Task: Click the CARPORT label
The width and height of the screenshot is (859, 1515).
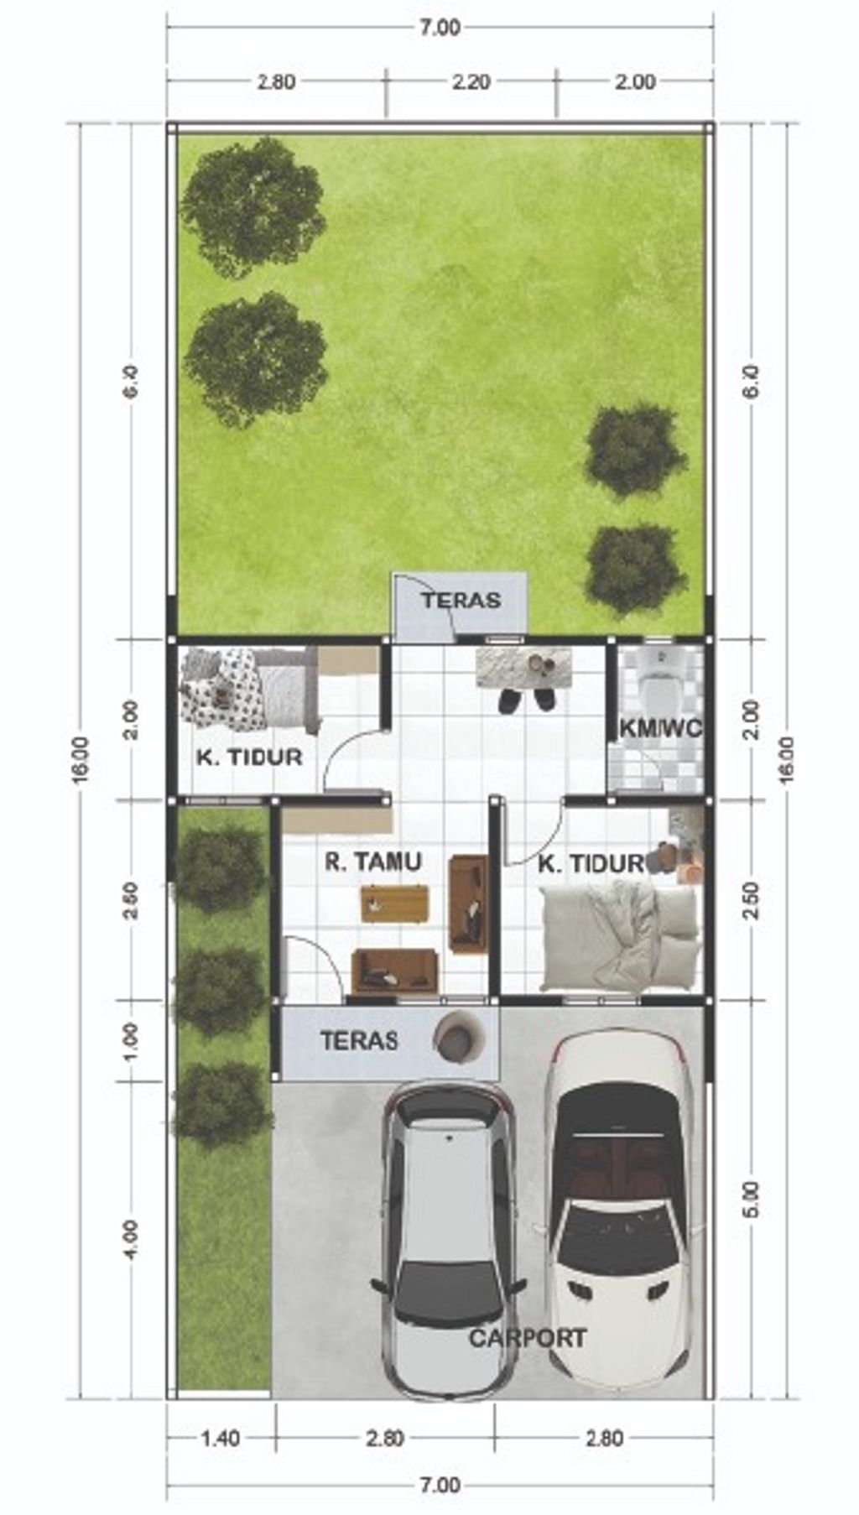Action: pyautogui.click(x=527, y=1338)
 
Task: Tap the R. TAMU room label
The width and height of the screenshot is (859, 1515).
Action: pyautogui.click(x=373, y=862)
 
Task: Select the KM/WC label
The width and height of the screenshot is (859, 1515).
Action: pyautogui.click(x=660, y=728)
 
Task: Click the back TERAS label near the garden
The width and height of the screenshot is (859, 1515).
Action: pyautogui.click(x=461, y=601)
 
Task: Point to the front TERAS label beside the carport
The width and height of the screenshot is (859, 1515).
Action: pyautogui.click(x=358, y=1041)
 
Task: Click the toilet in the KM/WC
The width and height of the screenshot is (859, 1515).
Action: pyautogui.click(x=660, y=671)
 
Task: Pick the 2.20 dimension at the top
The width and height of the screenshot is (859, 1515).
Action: pyautogui.click(x=471, y=82)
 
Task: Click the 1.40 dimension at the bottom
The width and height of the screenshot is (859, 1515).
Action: pyautogui.click(x=220, y=1439)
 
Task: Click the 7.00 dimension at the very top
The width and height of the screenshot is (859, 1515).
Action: pyautogui.click(x=440, y=28)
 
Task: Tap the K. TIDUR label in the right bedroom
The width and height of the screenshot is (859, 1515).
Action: pyautogui.click(x=591, y=864)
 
